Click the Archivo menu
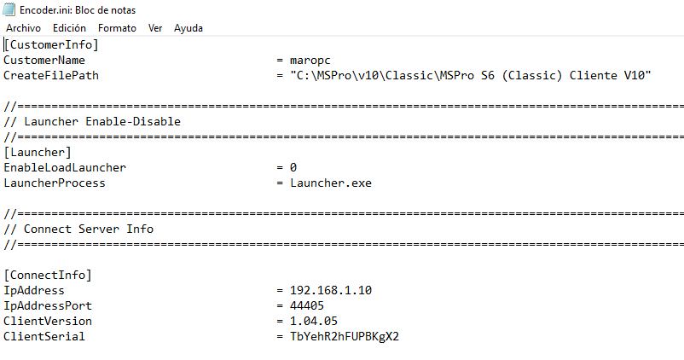point(24,28)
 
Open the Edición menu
point(69,28)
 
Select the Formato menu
point(117,28)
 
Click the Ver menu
point(155,28)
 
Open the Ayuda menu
point(188,28)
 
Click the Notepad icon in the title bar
point(9,9)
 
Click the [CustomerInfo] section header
point(51,44)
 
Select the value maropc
point(310,61)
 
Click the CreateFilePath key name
point(51,75)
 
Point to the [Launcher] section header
point(38,153)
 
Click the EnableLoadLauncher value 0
point(293,167)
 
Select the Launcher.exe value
point(331,183)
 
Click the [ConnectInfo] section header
point(48,275)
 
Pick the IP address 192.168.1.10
point(331,290)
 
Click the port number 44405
point(307,305)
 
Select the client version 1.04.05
point(314,321)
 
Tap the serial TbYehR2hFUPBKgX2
point(345,336)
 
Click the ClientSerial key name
point(44,336)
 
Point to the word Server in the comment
point(99,229)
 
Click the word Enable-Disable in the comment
point(133,121)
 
